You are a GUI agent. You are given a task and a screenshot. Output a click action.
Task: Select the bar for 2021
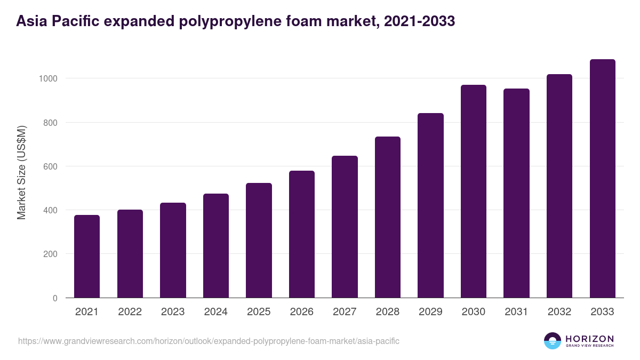87,257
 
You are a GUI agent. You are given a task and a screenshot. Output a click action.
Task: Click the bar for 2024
216,246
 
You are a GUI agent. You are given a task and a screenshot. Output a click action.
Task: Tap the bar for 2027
345,227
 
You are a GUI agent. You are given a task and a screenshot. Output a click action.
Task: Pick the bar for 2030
474,191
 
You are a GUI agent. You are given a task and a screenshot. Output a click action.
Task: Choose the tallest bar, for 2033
602,179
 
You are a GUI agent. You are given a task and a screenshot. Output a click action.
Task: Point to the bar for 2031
516,193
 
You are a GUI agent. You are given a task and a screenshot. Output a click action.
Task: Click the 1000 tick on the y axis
47,78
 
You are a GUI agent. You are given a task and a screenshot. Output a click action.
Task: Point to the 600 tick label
50,166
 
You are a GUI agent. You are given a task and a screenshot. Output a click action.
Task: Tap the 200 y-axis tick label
50,254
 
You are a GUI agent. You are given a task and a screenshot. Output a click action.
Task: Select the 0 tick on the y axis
54,298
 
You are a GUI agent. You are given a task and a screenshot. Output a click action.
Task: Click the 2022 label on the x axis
130,312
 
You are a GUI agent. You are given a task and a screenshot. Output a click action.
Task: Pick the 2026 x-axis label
302,312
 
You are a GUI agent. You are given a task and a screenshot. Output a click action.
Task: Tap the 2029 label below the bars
430,312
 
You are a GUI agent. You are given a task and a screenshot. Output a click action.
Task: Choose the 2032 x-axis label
559,312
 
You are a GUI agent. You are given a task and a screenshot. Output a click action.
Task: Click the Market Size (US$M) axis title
21,172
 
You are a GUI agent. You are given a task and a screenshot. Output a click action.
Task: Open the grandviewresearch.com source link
209,341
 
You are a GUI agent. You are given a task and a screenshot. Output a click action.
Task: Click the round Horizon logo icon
553,341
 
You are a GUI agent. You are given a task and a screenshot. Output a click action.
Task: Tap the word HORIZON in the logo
589,339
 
